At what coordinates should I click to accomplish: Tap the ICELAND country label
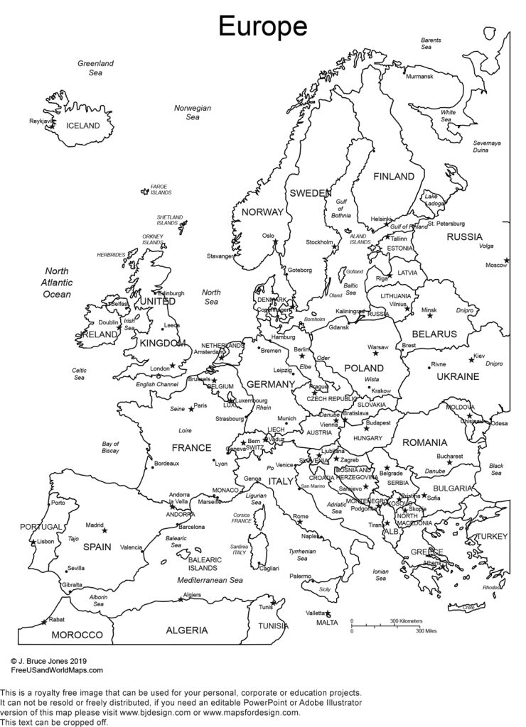click(x=83, y=126)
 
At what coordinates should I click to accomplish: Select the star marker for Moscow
click(x=506, y=260)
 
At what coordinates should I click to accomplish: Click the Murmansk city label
click(x=419, y=76)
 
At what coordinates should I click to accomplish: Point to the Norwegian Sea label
click(x=193, y=112)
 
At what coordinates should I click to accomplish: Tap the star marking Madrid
click(x=104, y=530)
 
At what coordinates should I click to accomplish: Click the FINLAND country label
click(x=393, y=176)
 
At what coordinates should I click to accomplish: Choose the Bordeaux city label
click(x=166, y=464)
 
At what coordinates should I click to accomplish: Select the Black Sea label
click(x=496, y=469)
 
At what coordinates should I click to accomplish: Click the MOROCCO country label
click(x=77, y=635)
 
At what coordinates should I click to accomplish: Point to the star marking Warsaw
click(x=375, y=354)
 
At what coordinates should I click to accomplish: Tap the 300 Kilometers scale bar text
click(x=405, y=621)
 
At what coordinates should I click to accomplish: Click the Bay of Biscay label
click(x=110, y=447)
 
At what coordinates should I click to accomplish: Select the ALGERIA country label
click(x=187, y=630)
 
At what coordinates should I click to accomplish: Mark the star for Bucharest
click(x=449, y=463)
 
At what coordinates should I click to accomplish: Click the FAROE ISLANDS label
click(x=161, y=190)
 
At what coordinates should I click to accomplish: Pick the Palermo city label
click(x=300, y=576)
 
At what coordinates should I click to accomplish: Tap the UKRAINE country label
click(x=458, y=376)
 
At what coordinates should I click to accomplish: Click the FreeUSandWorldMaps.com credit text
click(x=57, y=669)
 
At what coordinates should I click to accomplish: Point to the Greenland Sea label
click(x=95, y=67)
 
